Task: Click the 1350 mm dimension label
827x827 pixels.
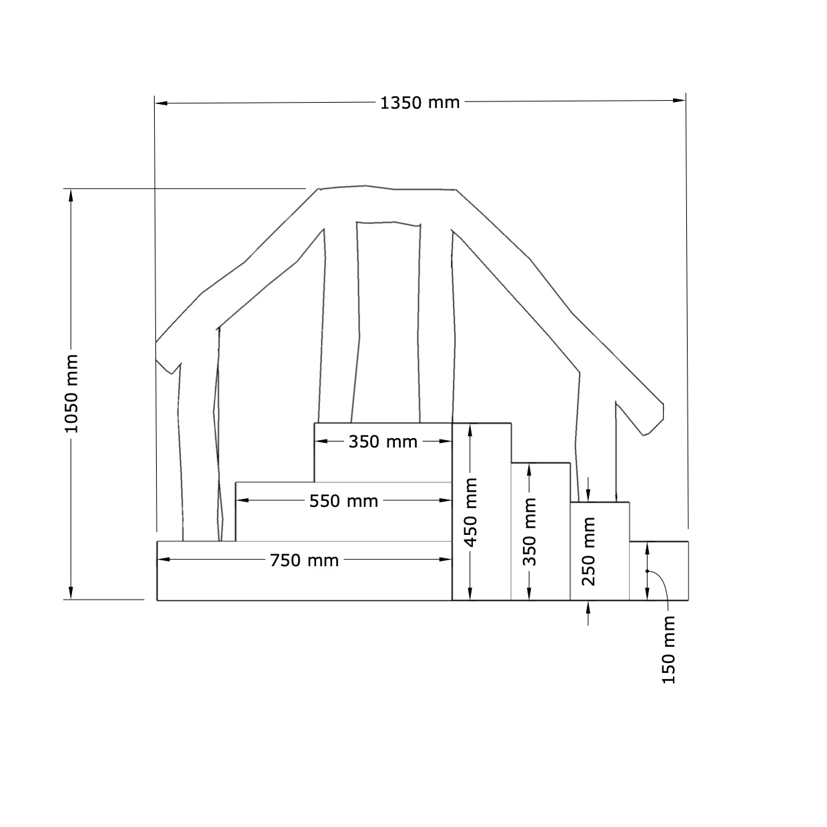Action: [x=420, y=103]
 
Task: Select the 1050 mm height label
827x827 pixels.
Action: [x=71, y=394]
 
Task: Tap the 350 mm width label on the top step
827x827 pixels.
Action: [x=383, y=442]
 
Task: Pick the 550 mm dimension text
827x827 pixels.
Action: [x=343, y=502]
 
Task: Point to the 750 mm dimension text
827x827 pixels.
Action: [x=304, y=560]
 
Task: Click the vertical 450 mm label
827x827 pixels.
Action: [x=471, y=513]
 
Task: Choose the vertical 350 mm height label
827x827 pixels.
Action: [x=530, y=532]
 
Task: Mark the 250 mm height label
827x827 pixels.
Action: [x=589, y=552]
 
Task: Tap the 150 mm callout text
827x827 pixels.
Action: [x=668, y=650]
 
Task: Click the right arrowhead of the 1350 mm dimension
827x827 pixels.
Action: [x=680, y=101]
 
